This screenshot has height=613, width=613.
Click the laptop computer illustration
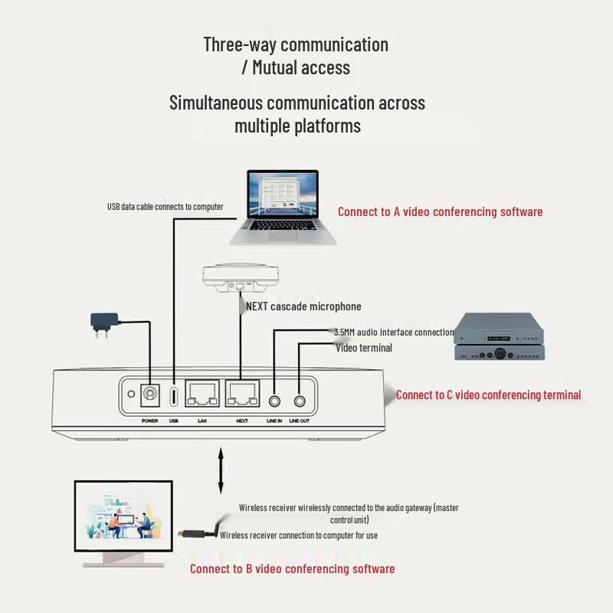click(x=283, y=208)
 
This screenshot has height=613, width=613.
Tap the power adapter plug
click(x=104, y=323)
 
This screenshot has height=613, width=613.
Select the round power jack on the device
click(x=149, y=394)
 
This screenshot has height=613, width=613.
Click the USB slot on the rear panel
click(x=174, y=396)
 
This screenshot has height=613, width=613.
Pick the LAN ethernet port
click(x=202, y=394)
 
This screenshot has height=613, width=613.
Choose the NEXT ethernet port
click(x=242, y=394)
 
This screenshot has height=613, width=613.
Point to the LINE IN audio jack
click(x=274, y=401)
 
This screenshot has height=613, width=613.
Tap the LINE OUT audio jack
click(x=300, y=401)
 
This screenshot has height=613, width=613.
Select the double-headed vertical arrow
click(x=221, y=470)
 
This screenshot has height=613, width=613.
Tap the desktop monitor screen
click(x=123, y=516)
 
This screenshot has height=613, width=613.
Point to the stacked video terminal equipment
click(x=499, y=336)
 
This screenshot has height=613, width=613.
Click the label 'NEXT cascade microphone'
click(x=303, y=306)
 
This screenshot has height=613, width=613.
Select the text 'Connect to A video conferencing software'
click(x=440, y=211)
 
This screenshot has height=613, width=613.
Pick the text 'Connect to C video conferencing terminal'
click(x=488, y=395)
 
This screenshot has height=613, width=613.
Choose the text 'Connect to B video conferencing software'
click(x=293, y=569)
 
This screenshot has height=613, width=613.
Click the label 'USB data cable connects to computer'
click(x=166, y=206)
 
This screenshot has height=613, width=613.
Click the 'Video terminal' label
click(x=363, y=348)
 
